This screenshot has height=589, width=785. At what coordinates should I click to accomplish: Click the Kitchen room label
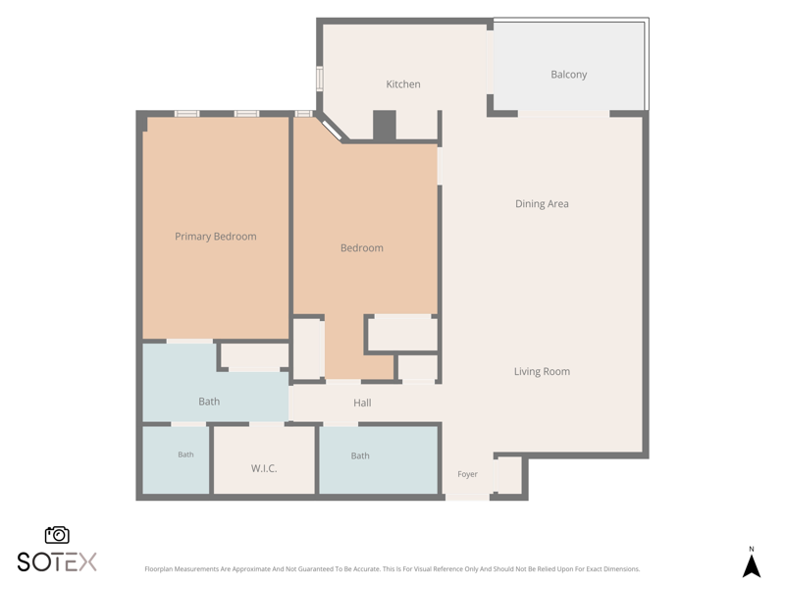tap(403, 84)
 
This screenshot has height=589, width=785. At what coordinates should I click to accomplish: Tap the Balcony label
tap(569, 75)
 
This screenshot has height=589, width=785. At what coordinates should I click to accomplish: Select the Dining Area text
tap(542, 204)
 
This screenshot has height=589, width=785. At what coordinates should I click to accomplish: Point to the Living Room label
tap(542, 372)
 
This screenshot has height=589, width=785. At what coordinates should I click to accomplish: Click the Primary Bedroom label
tap(215, 237)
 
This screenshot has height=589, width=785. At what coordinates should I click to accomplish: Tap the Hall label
tap(362, 402)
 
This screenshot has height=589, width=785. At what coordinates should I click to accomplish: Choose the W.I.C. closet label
tap(264, 468)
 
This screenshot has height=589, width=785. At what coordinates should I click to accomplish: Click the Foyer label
tap(467, 474)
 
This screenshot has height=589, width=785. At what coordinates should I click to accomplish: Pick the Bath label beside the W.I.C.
tap(185, 455)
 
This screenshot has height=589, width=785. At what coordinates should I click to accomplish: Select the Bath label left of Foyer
tap(360, 455)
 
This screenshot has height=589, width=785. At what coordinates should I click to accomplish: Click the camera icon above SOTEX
tap(57, 535)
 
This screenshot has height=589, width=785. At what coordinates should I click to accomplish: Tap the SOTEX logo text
tap(57, 562)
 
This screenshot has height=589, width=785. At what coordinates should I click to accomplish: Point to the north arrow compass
tap(751, 566)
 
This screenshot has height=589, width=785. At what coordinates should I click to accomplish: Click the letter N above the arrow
tap(751, 550)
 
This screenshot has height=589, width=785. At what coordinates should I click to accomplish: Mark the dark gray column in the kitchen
tap(385, 126)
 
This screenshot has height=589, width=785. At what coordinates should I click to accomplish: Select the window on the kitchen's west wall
tap(319, 80)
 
